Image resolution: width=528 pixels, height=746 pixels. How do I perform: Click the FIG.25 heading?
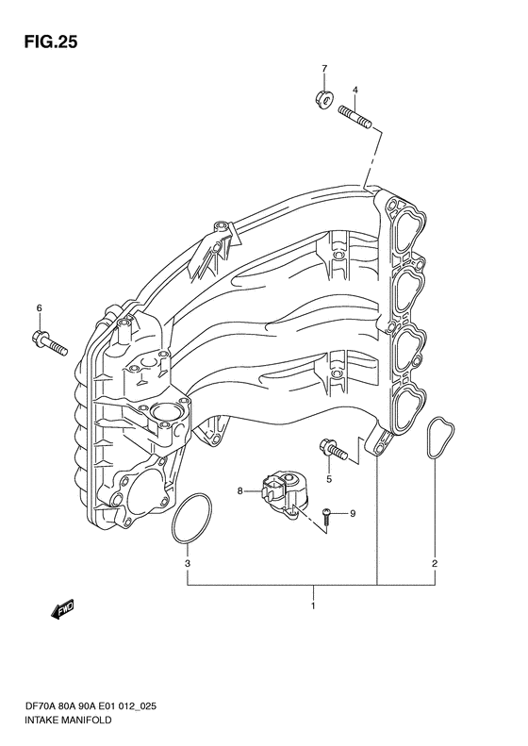pos(50,41)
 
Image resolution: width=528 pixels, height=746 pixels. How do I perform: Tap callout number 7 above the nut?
pos(324,69)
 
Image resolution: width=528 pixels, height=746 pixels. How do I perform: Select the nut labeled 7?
pos(325,98)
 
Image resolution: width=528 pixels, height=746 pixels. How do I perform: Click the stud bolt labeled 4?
pos(356,117)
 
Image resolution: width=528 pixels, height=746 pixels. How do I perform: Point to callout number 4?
pos(355,90)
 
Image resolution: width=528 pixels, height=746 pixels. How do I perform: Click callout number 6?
pos(40,307)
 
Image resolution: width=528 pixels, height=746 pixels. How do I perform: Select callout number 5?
pos(329,479)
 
